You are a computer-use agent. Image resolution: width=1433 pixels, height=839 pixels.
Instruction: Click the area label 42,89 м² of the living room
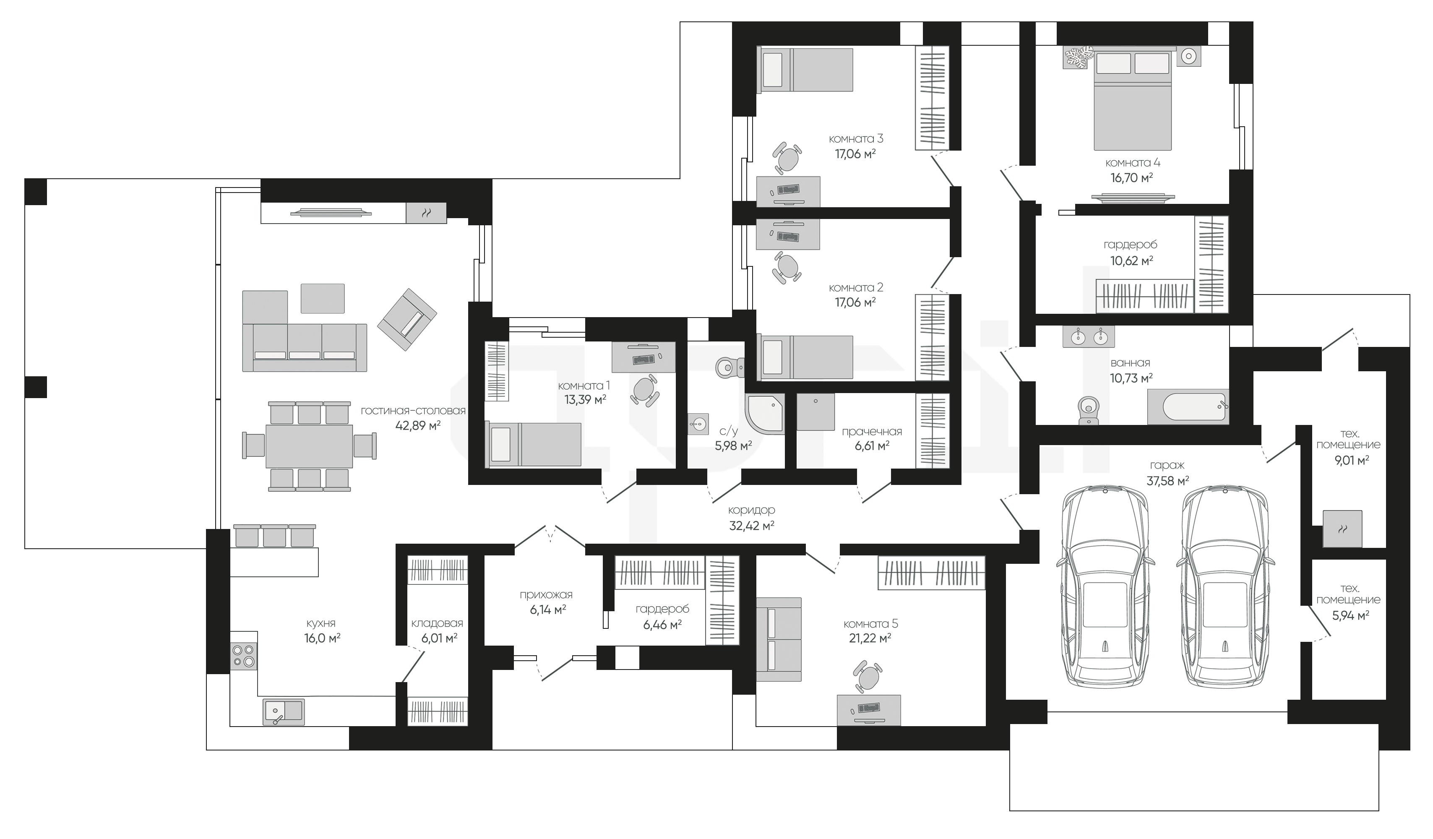click(418, 425)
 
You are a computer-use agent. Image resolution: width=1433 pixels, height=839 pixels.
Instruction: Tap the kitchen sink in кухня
click(283, 711)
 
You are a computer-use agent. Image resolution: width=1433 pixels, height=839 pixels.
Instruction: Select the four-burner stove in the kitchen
click(243, 655)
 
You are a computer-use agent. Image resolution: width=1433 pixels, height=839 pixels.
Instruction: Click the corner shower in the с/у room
click(765, 414)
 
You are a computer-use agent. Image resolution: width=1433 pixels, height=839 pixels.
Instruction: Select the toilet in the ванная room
click(1088, 411)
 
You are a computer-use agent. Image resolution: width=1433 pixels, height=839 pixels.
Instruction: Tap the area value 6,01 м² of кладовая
click(439, 638)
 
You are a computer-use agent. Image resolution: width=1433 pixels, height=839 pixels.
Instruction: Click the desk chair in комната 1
click(645, 391)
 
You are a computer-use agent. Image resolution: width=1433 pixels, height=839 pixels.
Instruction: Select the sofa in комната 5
click(779, 639)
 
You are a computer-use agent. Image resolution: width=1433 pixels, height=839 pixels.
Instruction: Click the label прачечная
click(872, 432)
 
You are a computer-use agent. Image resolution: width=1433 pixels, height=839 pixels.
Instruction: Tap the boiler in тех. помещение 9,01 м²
click(1342, 529)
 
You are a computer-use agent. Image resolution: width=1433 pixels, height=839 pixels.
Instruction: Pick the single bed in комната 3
click(805, 70)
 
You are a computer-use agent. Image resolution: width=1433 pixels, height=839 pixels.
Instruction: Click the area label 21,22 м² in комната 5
click(870, 638)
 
